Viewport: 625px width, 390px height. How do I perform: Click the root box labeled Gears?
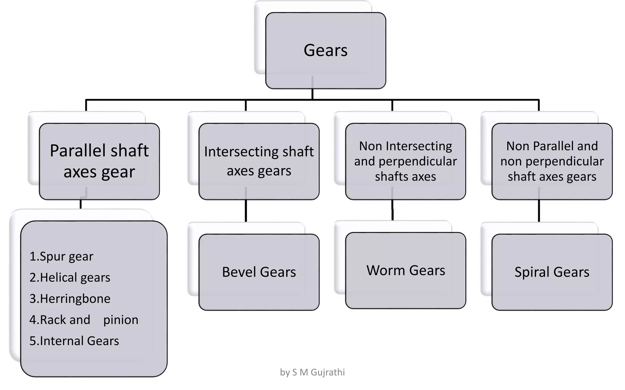point(325,50)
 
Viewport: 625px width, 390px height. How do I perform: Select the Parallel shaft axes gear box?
point(99,161)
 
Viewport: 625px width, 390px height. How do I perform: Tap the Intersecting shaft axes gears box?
point(259,161)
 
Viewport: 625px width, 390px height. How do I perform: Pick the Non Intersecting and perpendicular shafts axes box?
point(405,161)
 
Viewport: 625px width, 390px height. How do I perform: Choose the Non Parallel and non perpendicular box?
point(552,161)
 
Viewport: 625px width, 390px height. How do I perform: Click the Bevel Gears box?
point(259,272)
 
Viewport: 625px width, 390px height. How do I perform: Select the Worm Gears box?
point(405,271)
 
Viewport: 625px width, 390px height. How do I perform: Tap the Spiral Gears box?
point(552,272)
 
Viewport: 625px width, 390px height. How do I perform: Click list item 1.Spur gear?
point(61,257)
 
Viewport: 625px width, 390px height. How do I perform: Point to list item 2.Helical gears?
point(70,278)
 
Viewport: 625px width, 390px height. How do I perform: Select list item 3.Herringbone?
point(70,299)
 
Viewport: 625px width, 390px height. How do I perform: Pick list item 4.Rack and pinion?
point(84,320)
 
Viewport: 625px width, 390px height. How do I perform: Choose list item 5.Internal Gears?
point(74,341)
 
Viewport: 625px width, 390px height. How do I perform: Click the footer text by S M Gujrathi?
point(312,372)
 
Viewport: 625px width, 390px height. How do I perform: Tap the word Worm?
point(386,271)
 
